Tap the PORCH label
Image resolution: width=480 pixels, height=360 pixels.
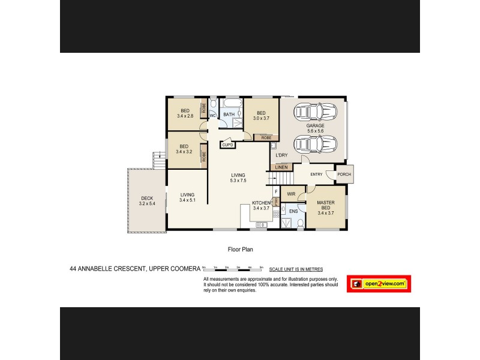[x=344, y=175]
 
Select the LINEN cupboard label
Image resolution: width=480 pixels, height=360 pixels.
[x=281, y=167]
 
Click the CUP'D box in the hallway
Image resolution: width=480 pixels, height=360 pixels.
[x=228, y=145]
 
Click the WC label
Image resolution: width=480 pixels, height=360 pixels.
[x=212, y=115]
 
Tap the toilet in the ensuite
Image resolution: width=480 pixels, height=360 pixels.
[x=300, y=223]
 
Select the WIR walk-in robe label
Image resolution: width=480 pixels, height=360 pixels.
[x=292, y=194]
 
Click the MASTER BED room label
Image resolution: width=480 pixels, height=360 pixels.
[x=326, y=207]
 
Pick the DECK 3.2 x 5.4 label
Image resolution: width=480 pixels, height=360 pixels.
[x=147, y=201]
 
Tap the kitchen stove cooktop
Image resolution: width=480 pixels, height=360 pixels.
[x=276, y=214]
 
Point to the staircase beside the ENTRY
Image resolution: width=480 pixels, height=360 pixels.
[x=281, y=178]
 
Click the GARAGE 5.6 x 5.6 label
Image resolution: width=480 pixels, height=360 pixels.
[x=316, y=128]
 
